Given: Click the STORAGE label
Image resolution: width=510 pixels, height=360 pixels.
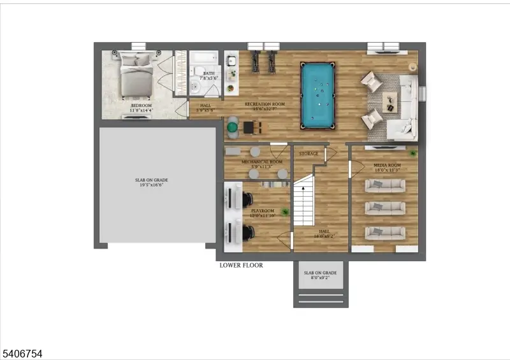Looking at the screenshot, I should point(309,154).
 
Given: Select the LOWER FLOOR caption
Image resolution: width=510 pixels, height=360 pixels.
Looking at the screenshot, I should point(241,265).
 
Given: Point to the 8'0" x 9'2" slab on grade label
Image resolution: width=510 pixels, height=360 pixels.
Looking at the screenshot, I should point(320,275).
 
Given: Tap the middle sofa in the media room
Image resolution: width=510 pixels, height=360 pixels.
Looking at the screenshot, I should point(384,208).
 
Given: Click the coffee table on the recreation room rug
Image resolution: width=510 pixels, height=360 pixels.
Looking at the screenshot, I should point(390,99).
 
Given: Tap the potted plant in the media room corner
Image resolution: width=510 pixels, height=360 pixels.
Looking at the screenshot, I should point(413,153).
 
